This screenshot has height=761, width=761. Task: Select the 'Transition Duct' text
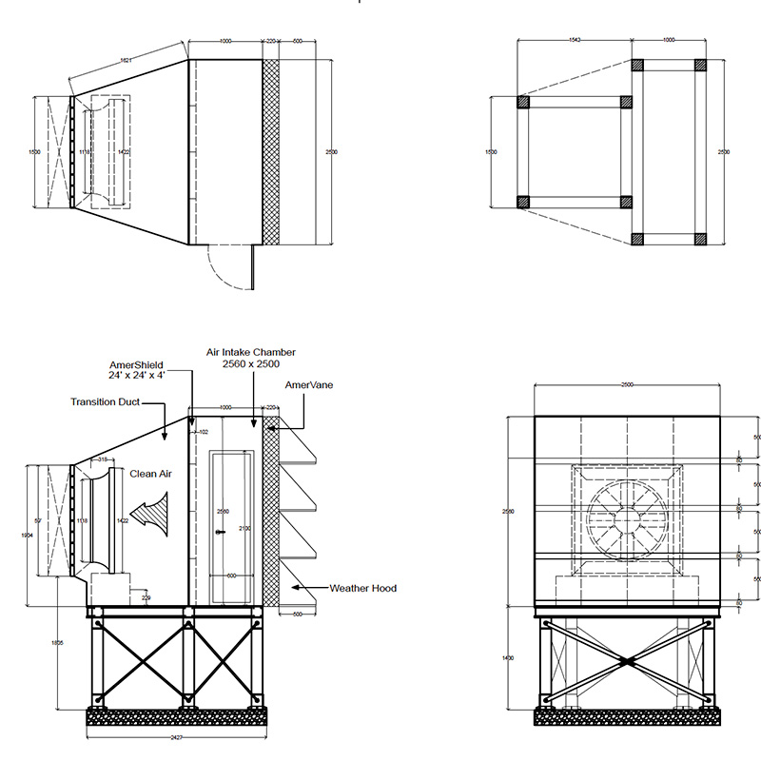pyautogui.click(x=105, y=402)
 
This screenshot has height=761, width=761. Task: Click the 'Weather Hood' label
pyautogui.click(x=364, y=589)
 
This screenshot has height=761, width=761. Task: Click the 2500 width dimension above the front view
pyautogui.click(x=627, y=385)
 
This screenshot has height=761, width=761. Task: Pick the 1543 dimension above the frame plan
pyautogui.click(x=575, y=40)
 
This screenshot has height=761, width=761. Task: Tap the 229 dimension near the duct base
pyautogui.click(x=145, y=596)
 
